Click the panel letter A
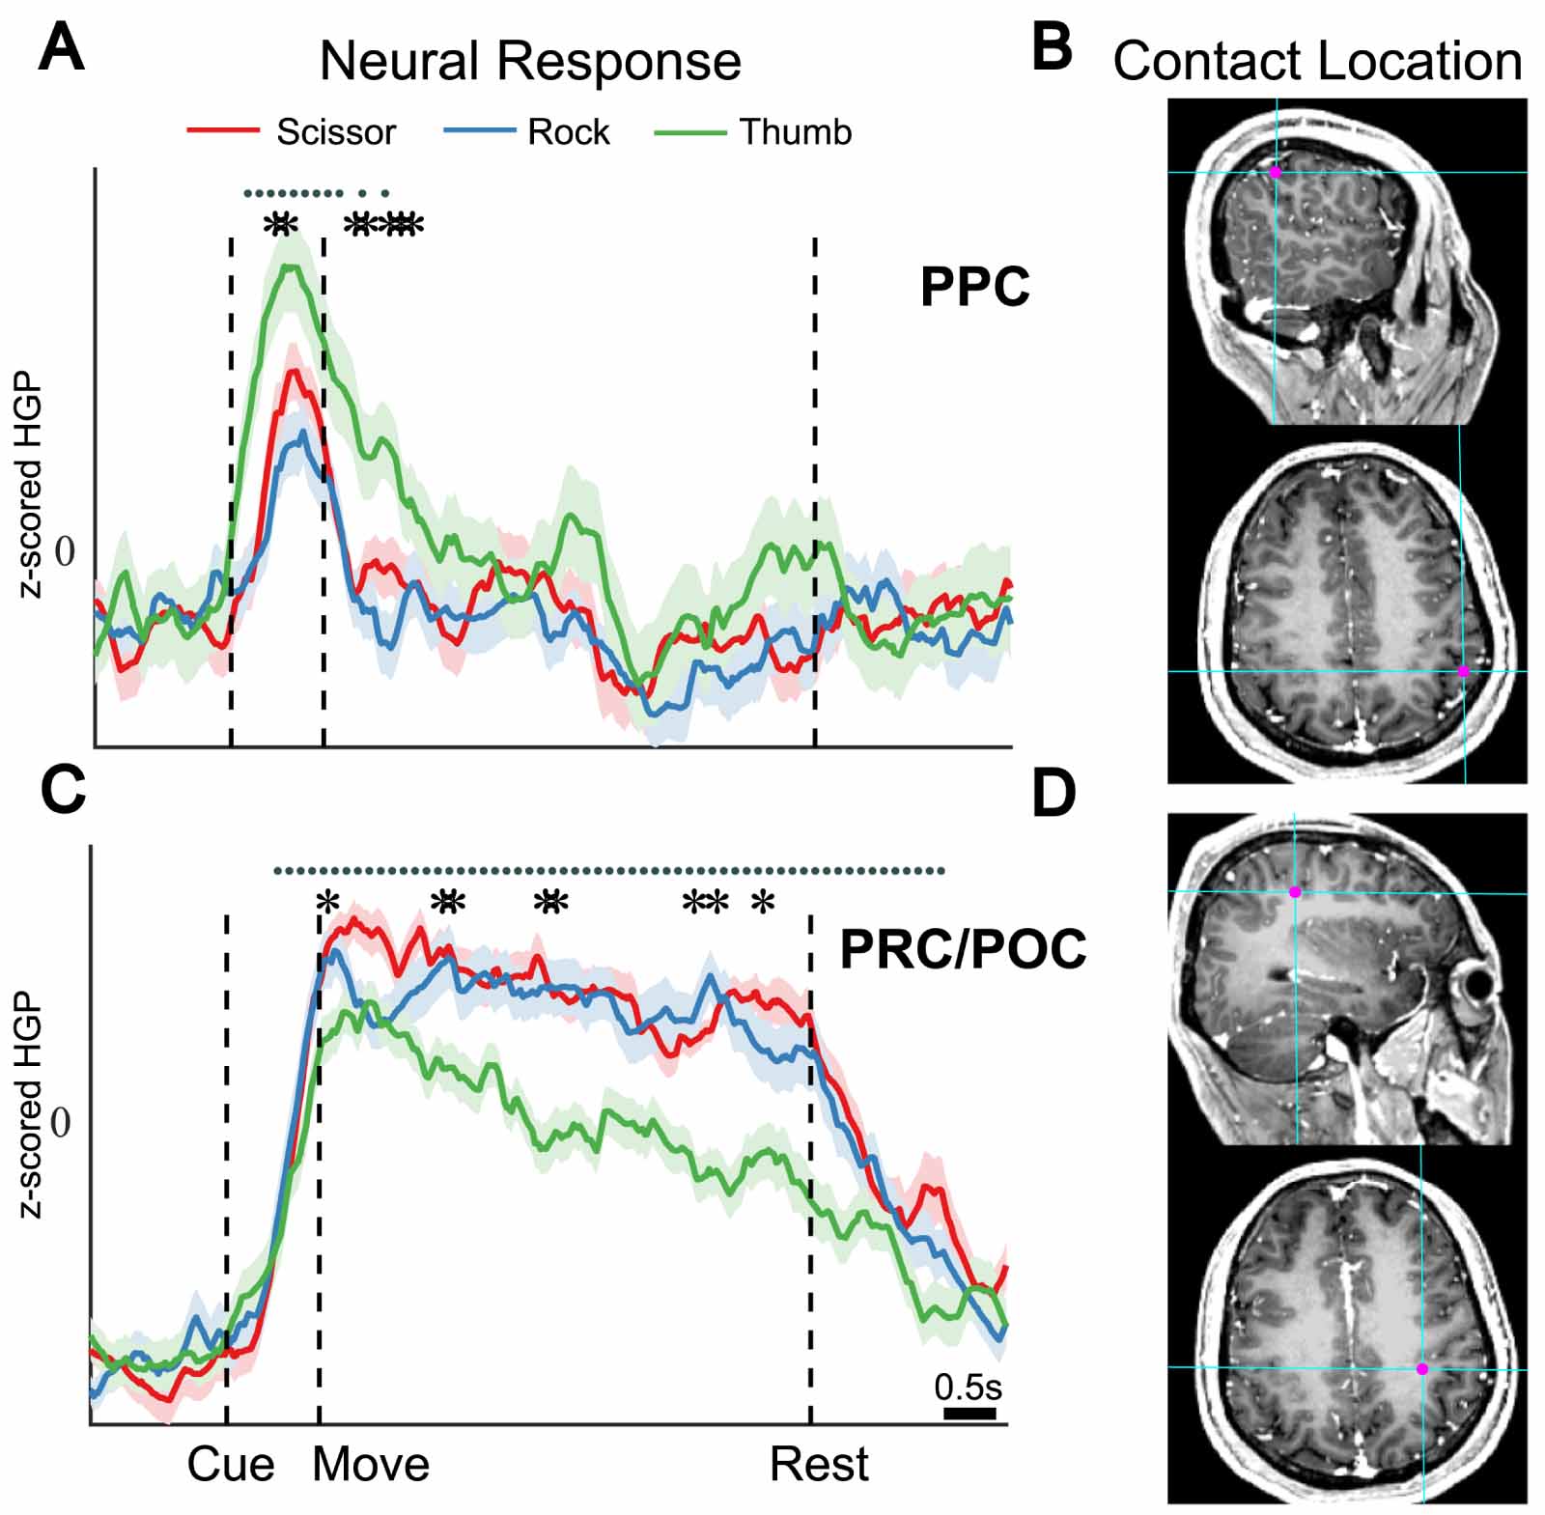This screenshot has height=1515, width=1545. [61, 48]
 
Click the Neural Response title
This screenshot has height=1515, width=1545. [530, 61]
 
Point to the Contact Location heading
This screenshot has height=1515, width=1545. [1316, 61]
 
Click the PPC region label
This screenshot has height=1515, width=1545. [974, 287]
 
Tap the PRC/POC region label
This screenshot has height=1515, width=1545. [963, 949]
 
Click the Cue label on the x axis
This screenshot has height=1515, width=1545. [231, 1465]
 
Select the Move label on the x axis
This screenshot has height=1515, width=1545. [371, 1465]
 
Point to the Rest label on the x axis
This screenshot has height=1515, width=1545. [819, 1465]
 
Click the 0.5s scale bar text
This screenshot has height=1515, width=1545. [968, 1388]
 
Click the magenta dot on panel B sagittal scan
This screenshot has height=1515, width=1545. [1275, 172]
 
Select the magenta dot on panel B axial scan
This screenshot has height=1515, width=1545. [1463, 670]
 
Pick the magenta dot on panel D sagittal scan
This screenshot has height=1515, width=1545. [1295, 892]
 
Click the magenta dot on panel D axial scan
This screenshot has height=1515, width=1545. [1421, 1368]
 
